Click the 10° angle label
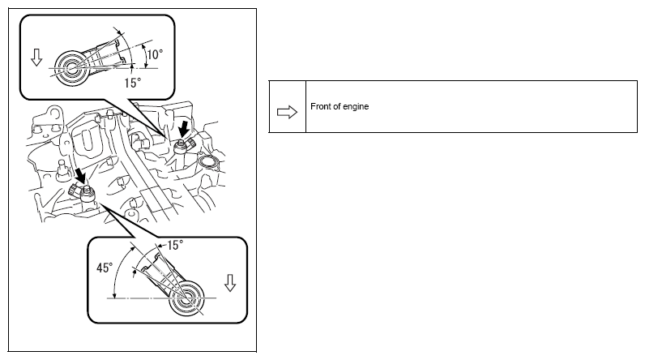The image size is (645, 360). coord(155,54)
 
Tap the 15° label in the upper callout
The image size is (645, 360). coord(132,83)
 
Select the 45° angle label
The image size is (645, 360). coord(105,268)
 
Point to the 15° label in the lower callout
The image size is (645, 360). coord(175,245)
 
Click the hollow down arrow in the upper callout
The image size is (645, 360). coord(36,58)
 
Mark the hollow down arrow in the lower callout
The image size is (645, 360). coord(230,283)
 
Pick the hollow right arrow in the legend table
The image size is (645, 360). coord(287,112)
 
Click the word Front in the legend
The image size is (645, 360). coord(319,106)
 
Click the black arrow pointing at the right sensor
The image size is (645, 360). coord(184,128)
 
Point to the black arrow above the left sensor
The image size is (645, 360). coord(81,174)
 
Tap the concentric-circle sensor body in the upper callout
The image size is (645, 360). coord(70,68)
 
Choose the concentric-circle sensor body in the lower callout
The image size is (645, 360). coord(186,298)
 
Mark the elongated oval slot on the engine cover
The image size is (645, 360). coord(86,140)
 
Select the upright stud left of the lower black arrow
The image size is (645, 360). coord(62,169)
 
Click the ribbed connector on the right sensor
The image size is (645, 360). coord(190,144)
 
